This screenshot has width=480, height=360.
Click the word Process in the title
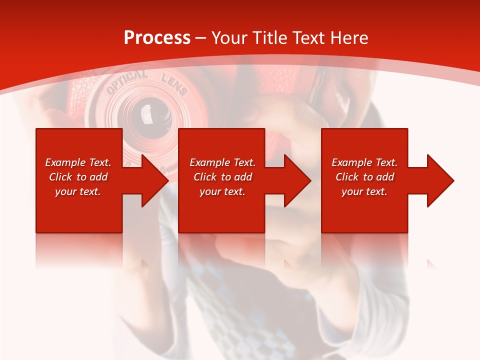(x=157, y=38)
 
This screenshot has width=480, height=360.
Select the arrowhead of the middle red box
(x=296, y=180)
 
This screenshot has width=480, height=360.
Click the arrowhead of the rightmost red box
(x=439, y=180)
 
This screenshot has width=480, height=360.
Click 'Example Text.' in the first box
(x=78, y=162)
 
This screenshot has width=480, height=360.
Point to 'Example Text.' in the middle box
(x=222, y=162)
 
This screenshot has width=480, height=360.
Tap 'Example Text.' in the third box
(x=364, y=162)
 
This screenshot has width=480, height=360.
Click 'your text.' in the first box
(x=78, y=191)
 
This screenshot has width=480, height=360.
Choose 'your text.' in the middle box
(x=222, y=191)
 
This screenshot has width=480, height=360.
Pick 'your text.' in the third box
(x=364, y=191)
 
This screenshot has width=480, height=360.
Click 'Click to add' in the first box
(x=78, y=177)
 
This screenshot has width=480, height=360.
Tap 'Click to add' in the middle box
(x=222, y=177)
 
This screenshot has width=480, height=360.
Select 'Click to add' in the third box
(x=364, y=177)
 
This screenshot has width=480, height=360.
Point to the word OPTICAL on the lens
(x=126, y=81)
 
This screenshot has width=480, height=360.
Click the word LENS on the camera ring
(x=173, y=84)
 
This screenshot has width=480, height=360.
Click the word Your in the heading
(x=230, y=38)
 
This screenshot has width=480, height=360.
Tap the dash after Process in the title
(x=200, y=38)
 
